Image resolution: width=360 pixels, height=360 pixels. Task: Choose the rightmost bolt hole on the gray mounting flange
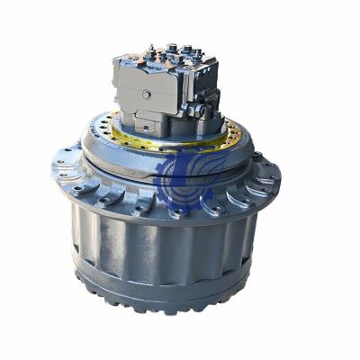(272, 167)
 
